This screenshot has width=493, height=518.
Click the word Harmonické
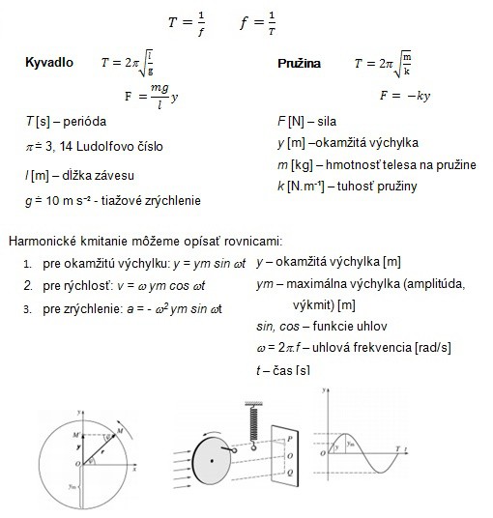point(43,241)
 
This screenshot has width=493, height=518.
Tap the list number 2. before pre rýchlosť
point(29,287)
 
